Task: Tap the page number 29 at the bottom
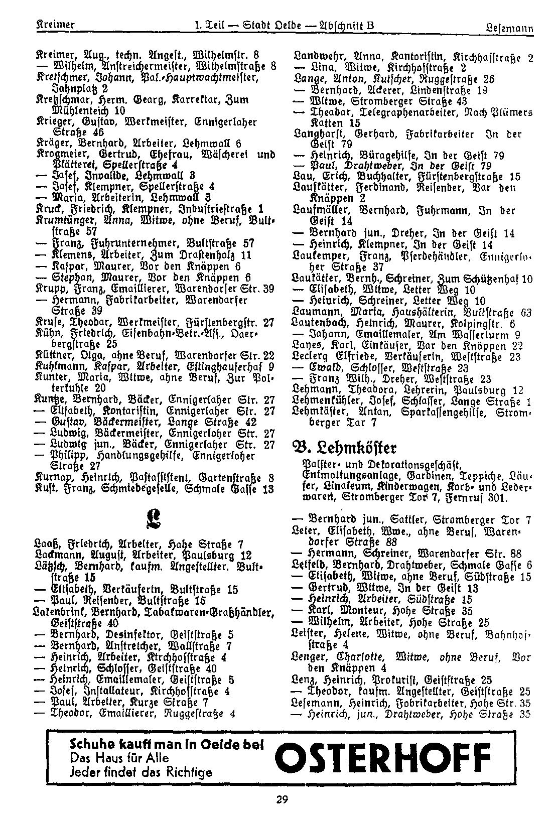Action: point(282,799)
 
